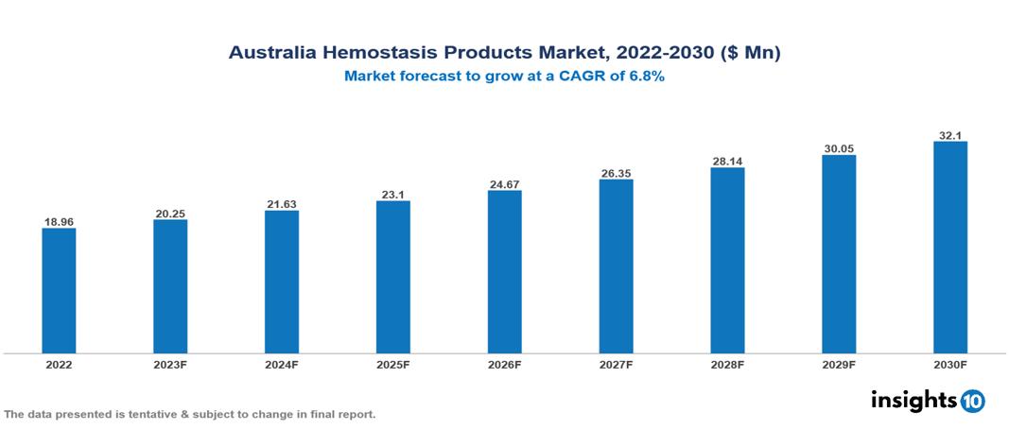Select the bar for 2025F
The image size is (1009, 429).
392,277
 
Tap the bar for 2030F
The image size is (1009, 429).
949,248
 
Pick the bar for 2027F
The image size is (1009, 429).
616,266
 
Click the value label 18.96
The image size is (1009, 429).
59,222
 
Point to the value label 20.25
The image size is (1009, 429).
170,214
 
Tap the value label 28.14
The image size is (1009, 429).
727,162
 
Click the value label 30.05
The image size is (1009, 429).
839,149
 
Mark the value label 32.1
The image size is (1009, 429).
949,135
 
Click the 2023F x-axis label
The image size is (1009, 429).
170,364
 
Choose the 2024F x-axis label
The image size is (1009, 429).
282,364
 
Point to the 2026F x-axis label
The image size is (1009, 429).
504,364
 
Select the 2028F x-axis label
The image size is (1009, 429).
727,364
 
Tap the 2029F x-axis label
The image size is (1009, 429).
839,364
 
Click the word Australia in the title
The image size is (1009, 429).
271,54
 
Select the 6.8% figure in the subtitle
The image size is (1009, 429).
644,77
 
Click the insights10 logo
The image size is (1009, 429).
928,401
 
